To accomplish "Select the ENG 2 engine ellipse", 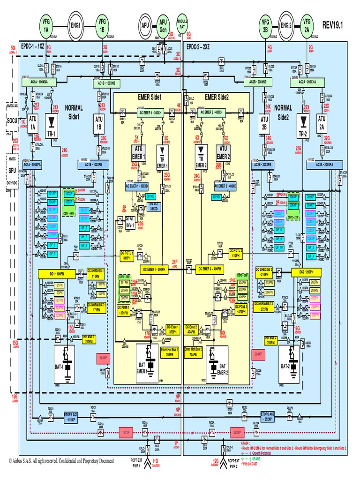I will coord(286,22).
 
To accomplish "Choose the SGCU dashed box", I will coord(10,121).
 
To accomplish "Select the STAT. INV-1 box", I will coord(125,223).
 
